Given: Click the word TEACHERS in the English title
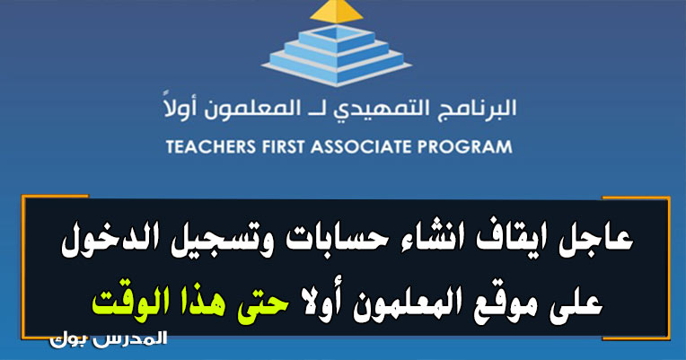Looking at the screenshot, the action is coord(210,146).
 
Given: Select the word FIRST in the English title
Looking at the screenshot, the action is coord(283,146).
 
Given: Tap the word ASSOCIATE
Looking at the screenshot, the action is coord(361,146).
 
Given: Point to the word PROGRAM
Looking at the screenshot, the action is coord(464,146).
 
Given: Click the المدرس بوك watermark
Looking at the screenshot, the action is coord(109,339).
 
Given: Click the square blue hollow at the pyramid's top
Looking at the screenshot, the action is coord(336,33).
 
